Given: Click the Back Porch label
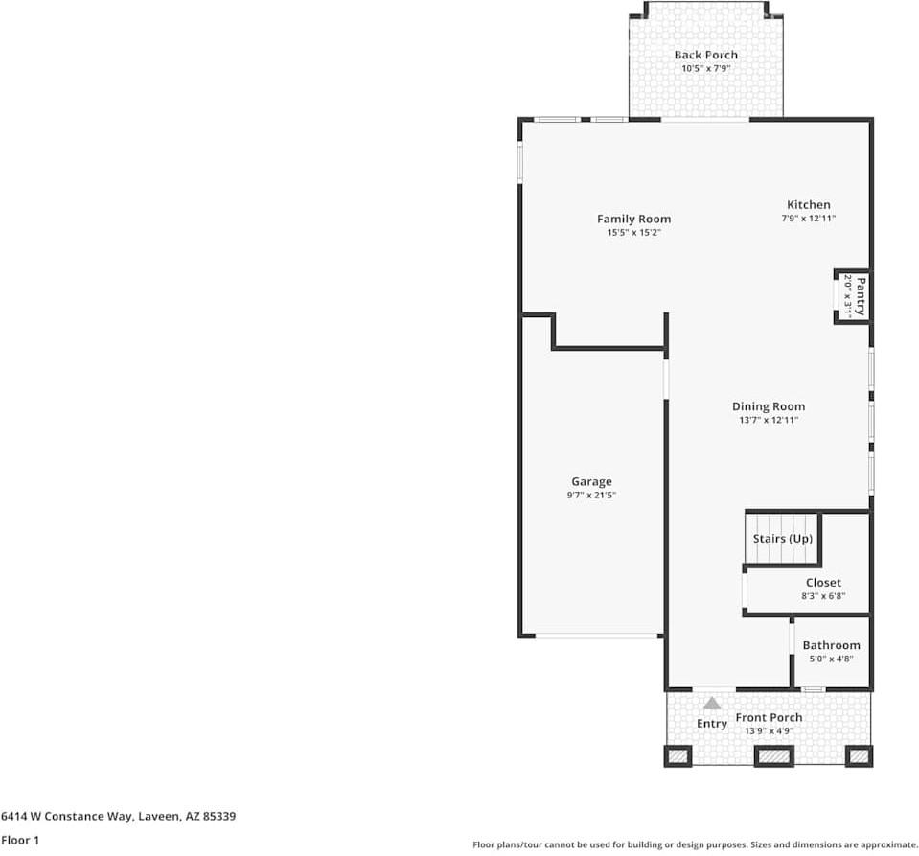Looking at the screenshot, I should [x=705, y=56].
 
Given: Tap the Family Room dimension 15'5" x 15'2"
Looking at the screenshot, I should [x=633, y=233].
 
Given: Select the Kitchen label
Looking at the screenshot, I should [x=809, y=204].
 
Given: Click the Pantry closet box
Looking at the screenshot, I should [x=852, y=296].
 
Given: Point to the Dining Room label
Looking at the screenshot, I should [x=769, y=406].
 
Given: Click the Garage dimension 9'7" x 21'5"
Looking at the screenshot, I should [x=591, y=496].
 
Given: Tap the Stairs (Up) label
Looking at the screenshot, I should [x=782, y=539].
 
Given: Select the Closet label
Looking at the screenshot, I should [x=823, y=583].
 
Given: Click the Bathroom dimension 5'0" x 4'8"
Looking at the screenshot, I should [x=831, y=659].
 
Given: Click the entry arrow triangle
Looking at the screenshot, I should [x=712, y=704].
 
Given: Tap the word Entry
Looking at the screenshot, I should [x=712, y=724].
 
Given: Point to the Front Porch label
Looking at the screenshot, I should [x=769, y=718].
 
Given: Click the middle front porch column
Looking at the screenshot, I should [x=772, y=757].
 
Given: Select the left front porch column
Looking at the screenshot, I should [x=678, y=757].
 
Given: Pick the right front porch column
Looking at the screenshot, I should [x=859, y=757].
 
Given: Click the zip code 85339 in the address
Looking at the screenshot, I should [x=218, y=817].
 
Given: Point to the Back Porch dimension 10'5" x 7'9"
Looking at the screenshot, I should [x=705, y=69].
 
